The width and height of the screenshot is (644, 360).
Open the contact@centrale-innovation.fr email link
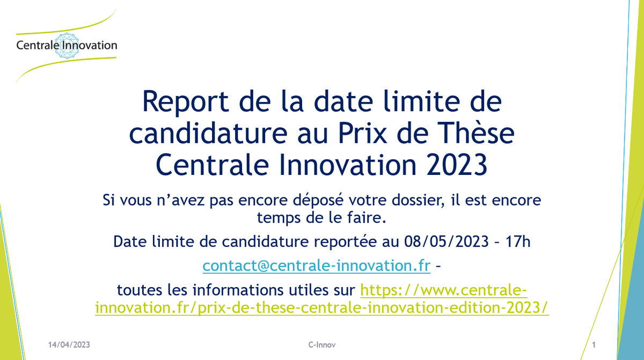[x=316, y=266]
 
